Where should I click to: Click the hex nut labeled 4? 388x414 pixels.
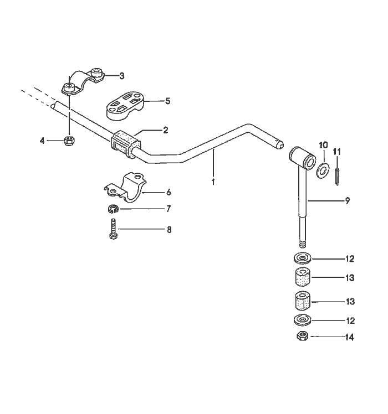tap(69, 141)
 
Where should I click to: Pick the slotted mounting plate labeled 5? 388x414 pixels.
tap(126, 105)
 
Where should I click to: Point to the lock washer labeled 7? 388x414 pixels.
tap(112, 209)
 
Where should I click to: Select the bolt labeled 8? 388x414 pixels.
tap(113, 228)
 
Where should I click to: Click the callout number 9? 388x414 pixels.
tap(347, 201)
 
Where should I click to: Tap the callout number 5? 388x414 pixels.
tap(168, 101)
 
